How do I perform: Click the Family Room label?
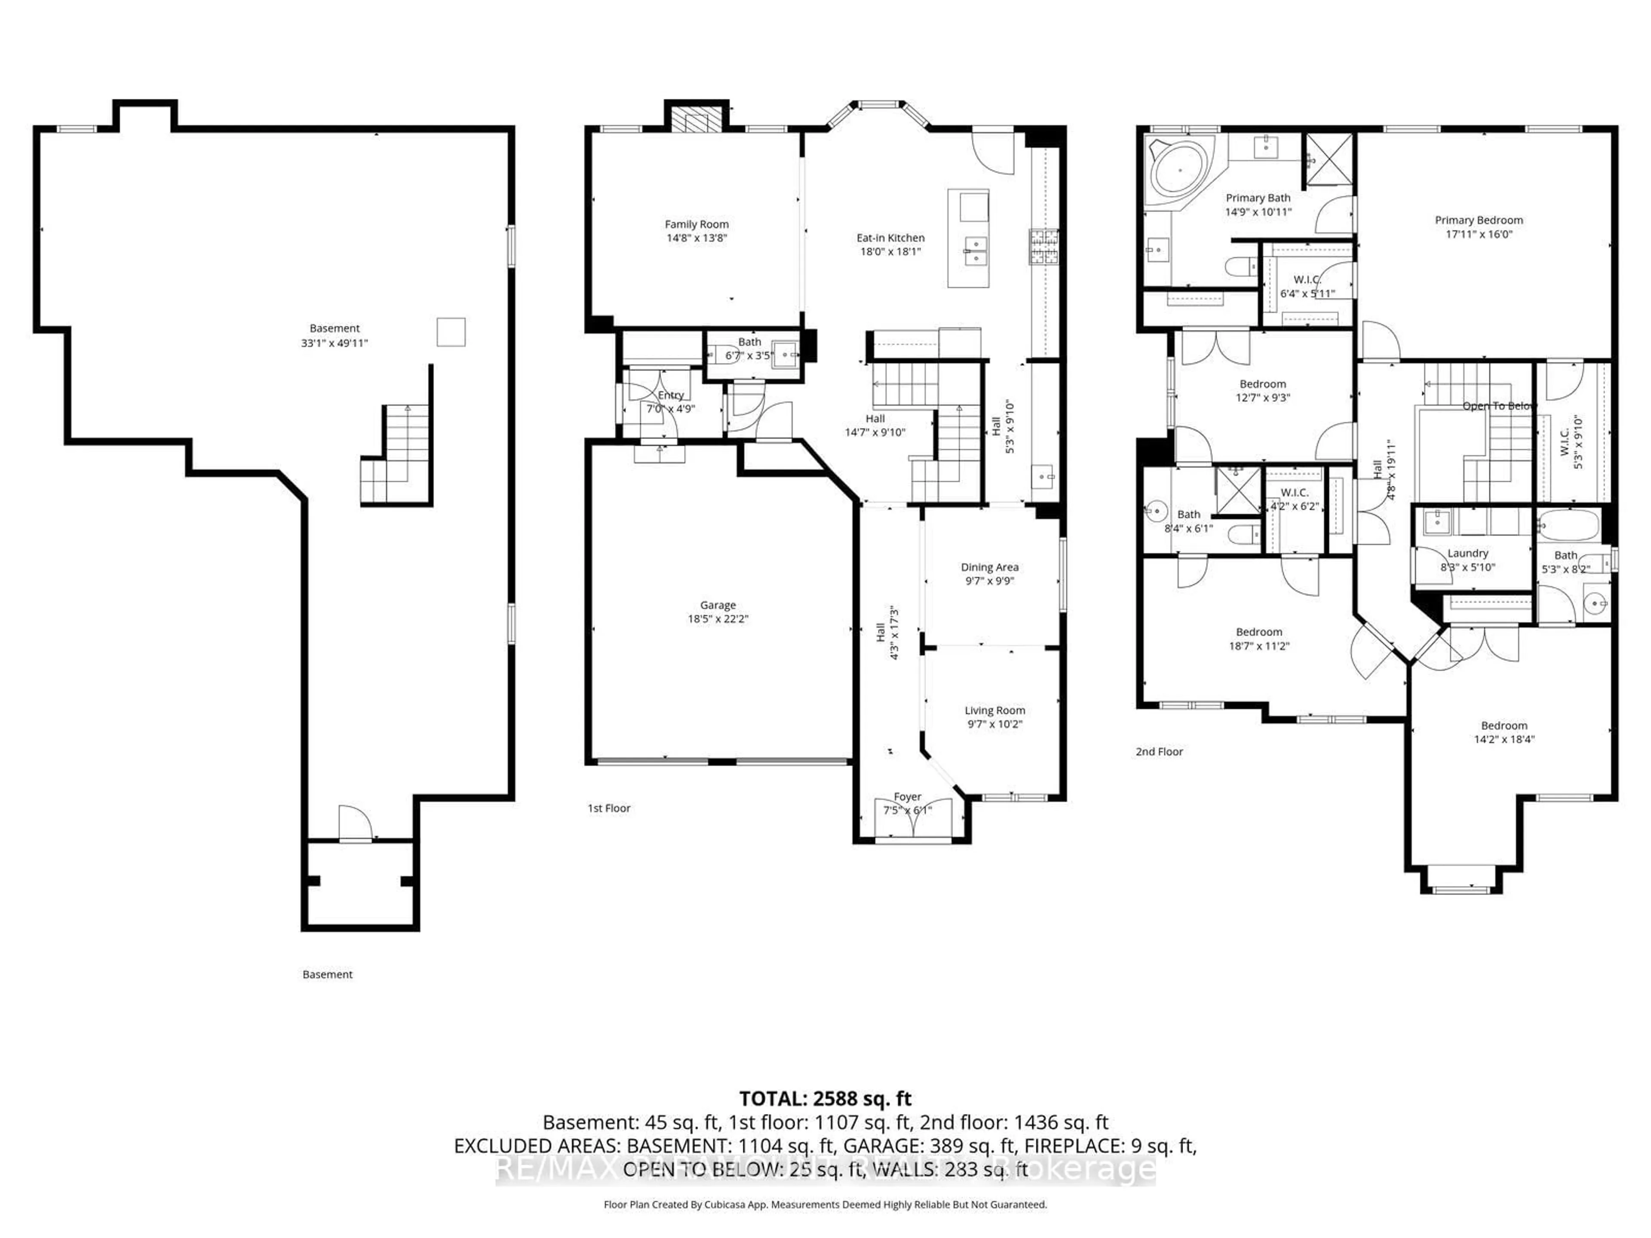click(x=697, y=224)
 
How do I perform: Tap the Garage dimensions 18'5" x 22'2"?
click(x=717, y=619)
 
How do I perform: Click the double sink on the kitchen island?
click(x=975, y=251)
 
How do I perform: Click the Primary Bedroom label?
click(x=1479, y=220)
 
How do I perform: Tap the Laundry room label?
click(x=1467, y=553)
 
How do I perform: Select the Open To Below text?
click(x=1499, y=406)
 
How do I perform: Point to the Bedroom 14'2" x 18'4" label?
click(x=1504, y=725)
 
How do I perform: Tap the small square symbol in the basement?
click(x=451, y=332)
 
